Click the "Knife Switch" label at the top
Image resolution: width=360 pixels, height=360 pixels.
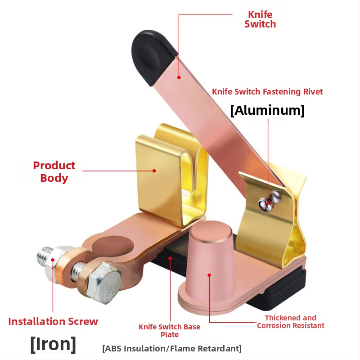pyautogui.click(x=260, y=19)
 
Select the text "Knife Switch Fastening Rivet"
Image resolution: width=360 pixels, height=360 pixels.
pyautogui.click(x=267, y=92)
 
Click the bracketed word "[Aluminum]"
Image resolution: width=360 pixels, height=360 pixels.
pyautogui.click(x=267, y=110)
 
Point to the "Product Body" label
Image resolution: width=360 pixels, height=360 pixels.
pyautogui.click(x=54, y=171)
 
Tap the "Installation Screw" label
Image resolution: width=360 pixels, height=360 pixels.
pyautogui.click(x=53, y=321)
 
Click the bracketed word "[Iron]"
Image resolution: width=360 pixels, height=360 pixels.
pyautogui.click(x=53, y=344)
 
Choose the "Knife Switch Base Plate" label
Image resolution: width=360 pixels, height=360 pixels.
pyautogui.click(x=169, y=330)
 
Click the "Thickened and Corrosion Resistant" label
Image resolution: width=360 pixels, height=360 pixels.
pyautogui.click(x=290, y=322)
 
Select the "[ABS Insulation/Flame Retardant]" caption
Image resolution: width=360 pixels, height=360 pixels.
pyautogui.click(x=172, y=348)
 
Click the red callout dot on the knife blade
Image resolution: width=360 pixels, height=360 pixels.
pyautogui.click(x=179, y=77)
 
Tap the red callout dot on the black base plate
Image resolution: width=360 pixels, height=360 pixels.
pyautogui.click(x=171, y=258)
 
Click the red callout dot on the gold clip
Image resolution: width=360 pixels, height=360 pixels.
pyautogui.click(x=154, y=171)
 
